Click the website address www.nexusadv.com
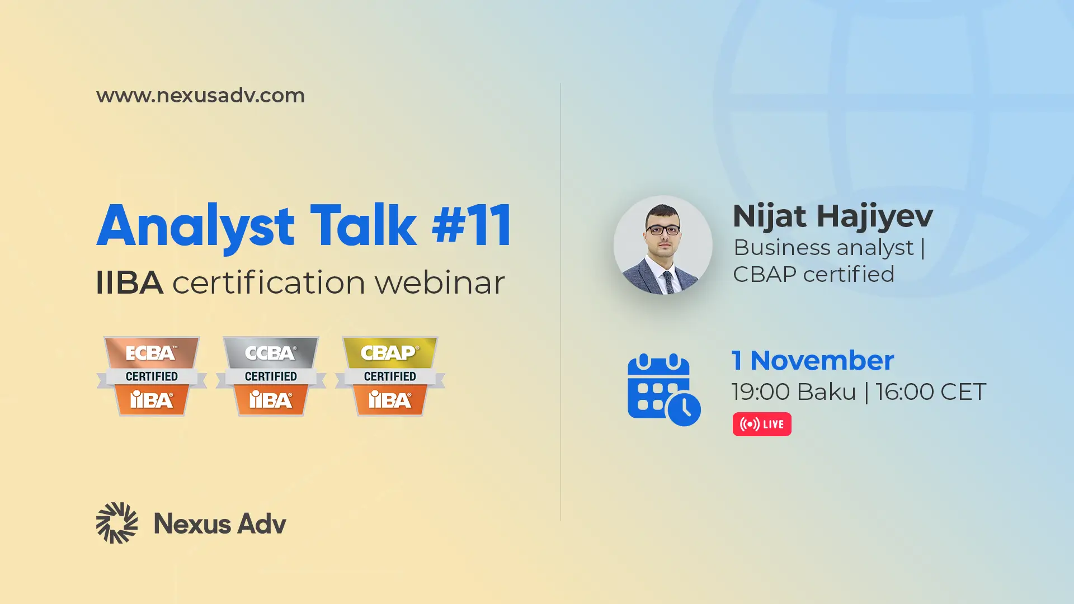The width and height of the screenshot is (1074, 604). click(200, 96)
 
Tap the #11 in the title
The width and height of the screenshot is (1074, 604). click(472, 225)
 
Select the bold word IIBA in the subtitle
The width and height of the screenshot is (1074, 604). click(129, 282)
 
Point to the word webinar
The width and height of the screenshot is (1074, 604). click(440, 282)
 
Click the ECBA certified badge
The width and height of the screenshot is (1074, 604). click(152, 376)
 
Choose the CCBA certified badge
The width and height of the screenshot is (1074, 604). click(271, 376)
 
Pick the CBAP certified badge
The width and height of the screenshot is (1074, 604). click(390, 376)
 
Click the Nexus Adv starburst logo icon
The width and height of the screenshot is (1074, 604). click(117, 523)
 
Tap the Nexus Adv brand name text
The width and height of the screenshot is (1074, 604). click(220, 524)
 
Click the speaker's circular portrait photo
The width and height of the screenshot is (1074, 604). click(663, 245)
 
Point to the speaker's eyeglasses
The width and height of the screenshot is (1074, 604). click(663, 230)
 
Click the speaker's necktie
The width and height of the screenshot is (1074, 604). click(668, 282)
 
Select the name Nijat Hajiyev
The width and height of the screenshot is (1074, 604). click(833, 217)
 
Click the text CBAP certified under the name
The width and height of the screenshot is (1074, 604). click(813, 275)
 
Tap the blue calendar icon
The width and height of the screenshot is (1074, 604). click(664, 390)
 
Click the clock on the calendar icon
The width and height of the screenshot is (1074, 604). click(684, 409)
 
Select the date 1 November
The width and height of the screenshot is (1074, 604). click(813, 361)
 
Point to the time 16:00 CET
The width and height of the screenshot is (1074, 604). click(931, 392)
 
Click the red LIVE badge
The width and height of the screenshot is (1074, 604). click(762, 424)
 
